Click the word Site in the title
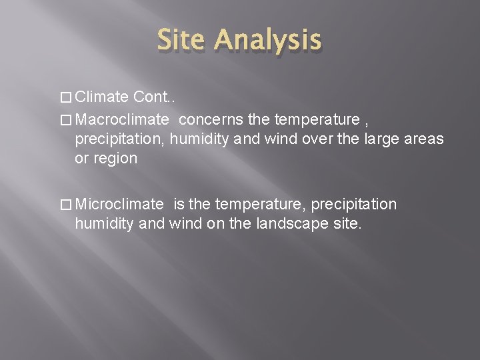(x=183, y=41)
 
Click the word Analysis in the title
(x=267, y=41)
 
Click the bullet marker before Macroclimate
(x=66, y=120)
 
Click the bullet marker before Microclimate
(x=66, y=204)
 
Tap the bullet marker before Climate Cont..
(x=66, y=98)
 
